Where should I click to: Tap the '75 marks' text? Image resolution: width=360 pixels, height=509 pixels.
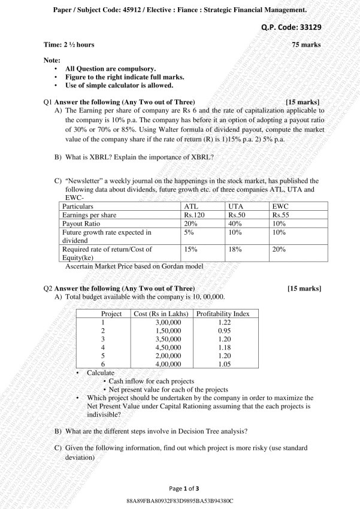click(x=306, y=44)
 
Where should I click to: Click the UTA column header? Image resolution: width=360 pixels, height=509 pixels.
click(x=236, y=205)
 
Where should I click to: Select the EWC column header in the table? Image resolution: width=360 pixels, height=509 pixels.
click(x=280, y=205)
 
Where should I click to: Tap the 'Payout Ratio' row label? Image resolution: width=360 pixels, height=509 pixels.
click(x=82, y=223)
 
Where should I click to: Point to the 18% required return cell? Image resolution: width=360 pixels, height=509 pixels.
click(x=235, y=249)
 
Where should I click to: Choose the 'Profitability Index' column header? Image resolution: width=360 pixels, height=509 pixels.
click(x=223, y=314)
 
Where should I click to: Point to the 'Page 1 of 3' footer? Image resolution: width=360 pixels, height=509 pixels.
click(x=180, y=489)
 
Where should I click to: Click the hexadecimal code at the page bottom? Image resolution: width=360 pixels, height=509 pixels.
click(x=180, y=500)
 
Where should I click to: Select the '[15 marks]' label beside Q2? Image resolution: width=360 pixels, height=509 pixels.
click(x=304, y=289)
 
